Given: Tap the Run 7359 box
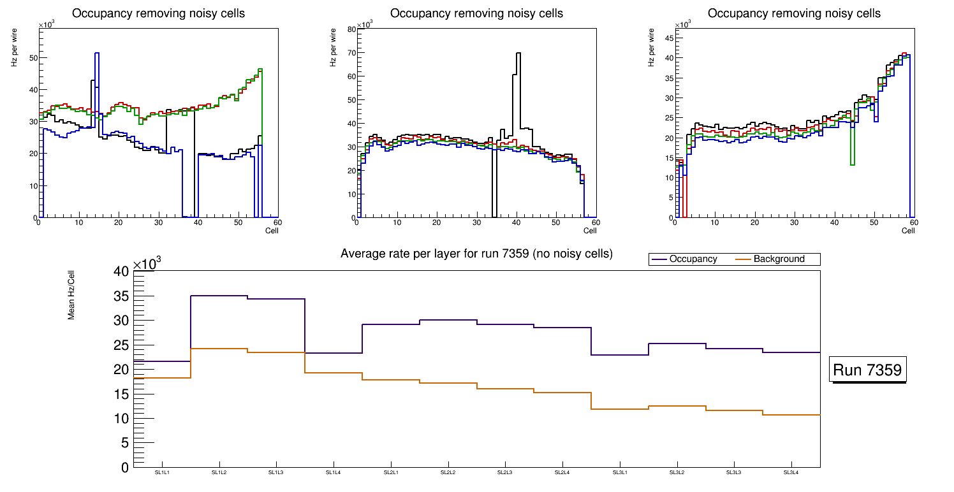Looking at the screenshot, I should coord(868,370).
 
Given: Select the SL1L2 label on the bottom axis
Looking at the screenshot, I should coord(219,472).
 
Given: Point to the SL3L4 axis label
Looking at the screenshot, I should coord(791,472).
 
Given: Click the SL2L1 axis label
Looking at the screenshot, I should coord(391,472).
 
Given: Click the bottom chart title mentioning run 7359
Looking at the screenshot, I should coord(476,254).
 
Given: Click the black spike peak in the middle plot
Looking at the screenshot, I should coord(518,54).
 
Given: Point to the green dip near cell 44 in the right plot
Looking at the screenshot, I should coord(853,164).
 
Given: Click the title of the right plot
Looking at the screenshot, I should coord(794,13).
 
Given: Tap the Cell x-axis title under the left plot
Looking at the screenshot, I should coord(272,230).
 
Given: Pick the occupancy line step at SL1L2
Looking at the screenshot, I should coord(219,296).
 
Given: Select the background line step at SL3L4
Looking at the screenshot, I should coord(791,415).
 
